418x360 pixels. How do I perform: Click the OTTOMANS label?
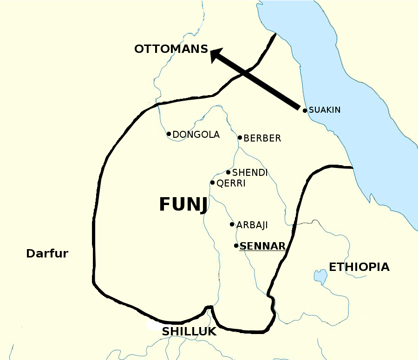[171, 49]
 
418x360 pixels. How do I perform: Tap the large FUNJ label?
[183, 204]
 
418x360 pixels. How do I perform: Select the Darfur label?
[47, 254]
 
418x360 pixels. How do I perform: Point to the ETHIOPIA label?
[359, 267]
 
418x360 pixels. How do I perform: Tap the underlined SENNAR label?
[262, 246]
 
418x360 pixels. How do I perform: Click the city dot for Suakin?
[305, 110]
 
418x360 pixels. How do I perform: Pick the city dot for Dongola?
[169, 134]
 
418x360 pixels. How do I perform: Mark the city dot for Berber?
[240, 137]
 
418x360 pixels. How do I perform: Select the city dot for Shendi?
[228, 172]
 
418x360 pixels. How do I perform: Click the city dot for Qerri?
[212, 182]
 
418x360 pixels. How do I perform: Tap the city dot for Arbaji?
[232, 225]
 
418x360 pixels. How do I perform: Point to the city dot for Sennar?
[236, 246]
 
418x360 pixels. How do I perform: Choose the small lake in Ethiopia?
[320, 276]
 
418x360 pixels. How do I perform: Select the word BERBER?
[262, 138]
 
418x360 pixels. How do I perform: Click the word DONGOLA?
[196, 135]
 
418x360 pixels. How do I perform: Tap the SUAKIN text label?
[325, 110]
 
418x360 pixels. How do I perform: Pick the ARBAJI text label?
[252, 225]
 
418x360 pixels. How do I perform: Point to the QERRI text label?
[231, 184]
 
